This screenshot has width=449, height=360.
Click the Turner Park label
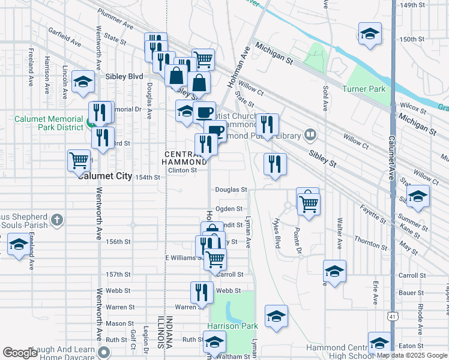(x=363, y=89)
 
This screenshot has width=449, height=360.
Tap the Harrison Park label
(x=232, y=326)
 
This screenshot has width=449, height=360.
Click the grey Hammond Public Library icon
(x=310, y=134)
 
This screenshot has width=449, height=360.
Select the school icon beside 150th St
(x=370, y=34)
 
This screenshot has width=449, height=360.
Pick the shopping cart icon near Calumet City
(x=79, y=160)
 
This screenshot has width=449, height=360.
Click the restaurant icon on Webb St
(x=202, y=292)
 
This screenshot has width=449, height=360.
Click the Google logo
(x=20, y=353)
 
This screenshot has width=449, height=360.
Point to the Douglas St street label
(x=231, y=190)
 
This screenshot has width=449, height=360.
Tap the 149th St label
(x=412, y=5)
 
